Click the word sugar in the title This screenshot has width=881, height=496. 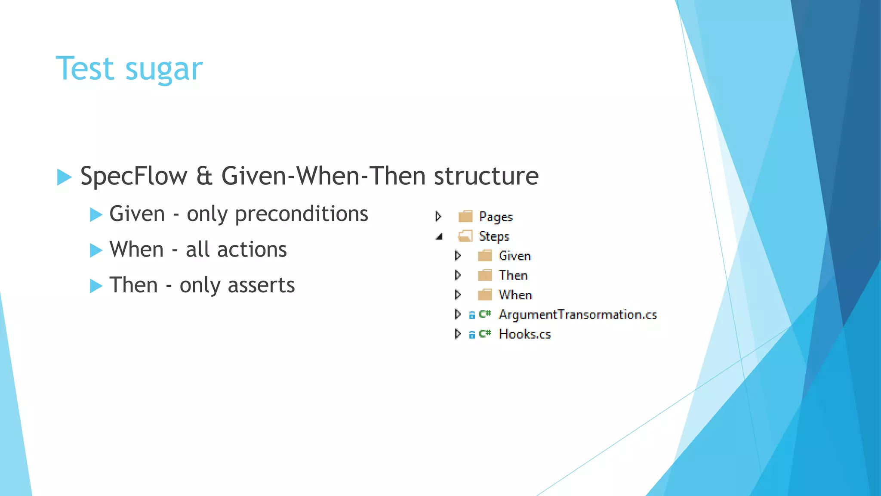(163, 70)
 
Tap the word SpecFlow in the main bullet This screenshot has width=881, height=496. (134, 176)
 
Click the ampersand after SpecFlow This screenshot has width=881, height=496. (204, 176)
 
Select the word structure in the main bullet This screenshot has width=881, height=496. (486, 176)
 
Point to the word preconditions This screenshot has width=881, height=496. (301, 214)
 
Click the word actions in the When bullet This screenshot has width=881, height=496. (252, 250)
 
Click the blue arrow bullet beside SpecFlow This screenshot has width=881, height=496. (64, 177)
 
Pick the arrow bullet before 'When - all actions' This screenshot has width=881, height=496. (96, 250)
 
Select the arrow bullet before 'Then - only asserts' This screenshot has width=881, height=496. (96, 286)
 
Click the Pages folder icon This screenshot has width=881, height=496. (465, 216)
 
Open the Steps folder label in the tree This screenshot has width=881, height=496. (494, 236)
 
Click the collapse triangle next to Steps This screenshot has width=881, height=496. (439, 236)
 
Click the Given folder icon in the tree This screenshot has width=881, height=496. (485, 256)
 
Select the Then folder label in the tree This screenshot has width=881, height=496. (513, 276)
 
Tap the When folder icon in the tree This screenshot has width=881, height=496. (485, 295)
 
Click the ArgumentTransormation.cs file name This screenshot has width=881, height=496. (577, 315)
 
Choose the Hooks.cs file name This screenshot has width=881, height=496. (524, 335)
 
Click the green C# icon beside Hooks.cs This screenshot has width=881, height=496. (485, 334)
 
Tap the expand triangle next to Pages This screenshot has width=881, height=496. (438, 216)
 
